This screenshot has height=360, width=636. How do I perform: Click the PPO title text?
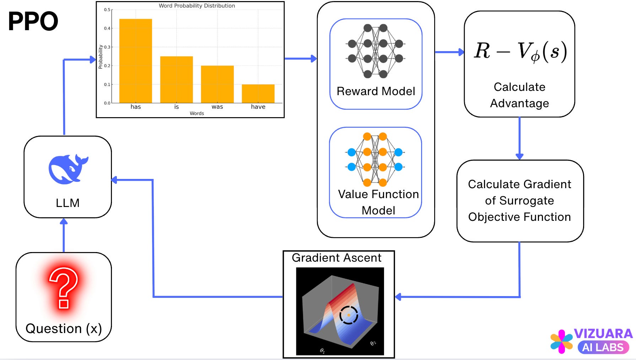33,21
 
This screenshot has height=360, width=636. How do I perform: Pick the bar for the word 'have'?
258,94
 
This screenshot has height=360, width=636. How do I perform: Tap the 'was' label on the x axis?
217,107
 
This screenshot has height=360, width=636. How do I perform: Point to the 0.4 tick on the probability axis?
107,28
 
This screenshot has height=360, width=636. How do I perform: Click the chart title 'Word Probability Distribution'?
196,6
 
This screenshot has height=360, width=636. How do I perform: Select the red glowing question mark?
64,288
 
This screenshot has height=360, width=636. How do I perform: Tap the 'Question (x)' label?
64,328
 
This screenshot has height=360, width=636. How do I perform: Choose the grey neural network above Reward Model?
376,51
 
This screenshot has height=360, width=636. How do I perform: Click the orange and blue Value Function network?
375,159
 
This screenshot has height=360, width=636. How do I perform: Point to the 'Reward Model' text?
376,91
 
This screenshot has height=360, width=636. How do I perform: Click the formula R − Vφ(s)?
520,51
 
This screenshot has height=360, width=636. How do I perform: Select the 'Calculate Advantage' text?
519,95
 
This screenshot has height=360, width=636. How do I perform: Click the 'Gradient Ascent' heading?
336,258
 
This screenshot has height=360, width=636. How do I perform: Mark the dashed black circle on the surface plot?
349,315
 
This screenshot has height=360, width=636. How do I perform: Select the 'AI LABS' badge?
603,347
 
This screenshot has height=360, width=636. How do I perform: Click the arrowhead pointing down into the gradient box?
519,156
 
